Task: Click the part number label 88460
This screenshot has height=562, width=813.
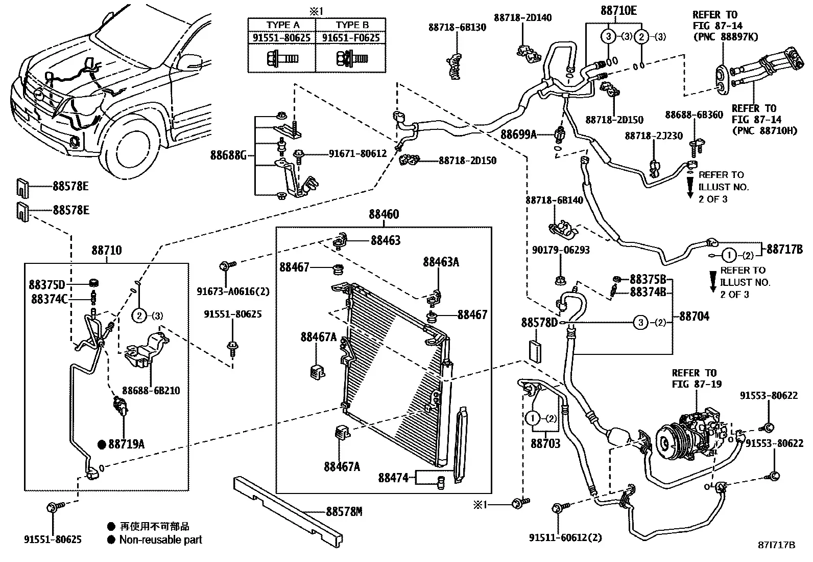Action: point(384,214)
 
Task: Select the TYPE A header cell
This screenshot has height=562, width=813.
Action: point(283,25)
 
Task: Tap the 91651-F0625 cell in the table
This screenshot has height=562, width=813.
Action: point(351,38)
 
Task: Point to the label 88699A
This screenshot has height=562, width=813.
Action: point(518,134)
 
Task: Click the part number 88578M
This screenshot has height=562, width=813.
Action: point(344,512)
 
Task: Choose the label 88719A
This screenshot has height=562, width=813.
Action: point(126,444)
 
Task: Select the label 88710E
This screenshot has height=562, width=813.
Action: point(618,11)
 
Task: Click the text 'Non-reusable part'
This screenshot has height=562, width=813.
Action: point(160,540)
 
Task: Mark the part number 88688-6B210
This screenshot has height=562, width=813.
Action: point(151,391)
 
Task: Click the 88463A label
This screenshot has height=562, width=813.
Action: point(441,262)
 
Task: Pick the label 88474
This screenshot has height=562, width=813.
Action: point(393,478)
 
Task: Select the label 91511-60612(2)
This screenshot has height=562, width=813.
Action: point(565,537)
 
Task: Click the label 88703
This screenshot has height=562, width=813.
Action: point(545,443)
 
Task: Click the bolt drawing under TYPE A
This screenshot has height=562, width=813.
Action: point(282,58)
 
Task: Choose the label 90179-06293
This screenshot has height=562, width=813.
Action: point(561,250)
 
